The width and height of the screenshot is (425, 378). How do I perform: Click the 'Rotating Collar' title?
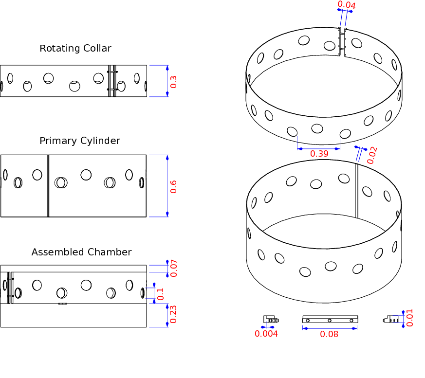coord(75,48)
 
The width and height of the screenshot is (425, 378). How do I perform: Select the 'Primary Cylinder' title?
coord(80,141)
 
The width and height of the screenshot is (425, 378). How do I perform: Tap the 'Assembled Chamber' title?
coord(81,252)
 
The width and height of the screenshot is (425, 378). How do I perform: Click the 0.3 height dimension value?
coord(173,81)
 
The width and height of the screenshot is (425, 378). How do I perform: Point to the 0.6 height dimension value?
coord(173,186)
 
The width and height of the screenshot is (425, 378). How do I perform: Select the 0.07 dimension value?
coord(173,269)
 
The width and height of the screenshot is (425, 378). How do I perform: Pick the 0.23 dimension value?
coord(173,315)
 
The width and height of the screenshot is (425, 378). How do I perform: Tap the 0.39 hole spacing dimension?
coord(319,153)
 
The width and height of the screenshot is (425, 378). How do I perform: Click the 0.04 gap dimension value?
coord(346,5)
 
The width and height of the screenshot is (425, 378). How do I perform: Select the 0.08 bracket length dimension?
coord(330,334)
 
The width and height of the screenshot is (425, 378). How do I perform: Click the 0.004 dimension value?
coord(266,334)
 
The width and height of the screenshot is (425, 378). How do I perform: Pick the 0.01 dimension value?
coord(409,318)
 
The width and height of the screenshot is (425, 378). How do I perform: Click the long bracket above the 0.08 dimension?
coord(330,320)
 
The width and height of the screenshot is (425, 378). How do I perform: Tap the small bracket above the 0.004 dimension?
coord(271,319)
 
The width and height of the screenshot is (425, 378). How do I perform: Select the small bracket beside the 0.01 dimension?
coord(393,319)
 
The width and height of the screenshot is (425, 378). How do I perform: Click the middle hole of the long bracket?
coord(330,321)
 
